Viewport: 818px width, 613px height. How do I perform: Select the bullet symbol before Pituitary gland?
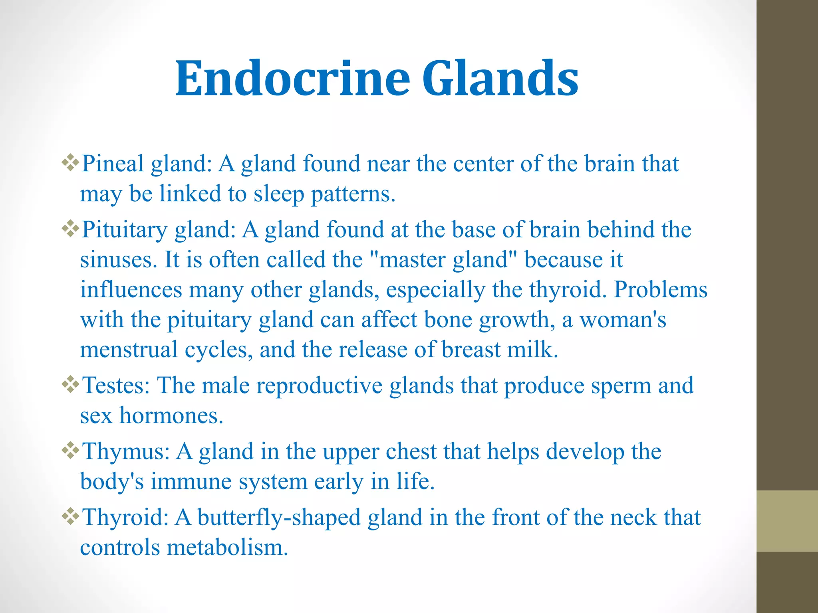pos(70,229)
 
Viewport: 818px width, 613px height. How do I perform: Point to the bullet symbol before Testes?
pos(70,385)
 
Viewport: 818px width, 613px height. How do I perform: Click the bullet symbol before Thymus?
pos(70,451)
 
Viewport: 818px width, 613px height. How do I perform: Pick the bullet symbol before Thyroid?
pos(70,517)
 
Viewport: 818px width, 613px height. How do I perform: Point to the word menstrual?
pos(129,350)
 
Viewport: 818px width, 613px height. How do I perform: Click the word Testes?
pos(116,386)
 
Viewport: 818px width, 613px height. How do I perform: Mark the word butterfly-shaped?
pos(279,518)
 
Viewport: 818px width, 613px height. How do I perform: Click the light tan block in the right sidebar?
pos(787,521)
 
